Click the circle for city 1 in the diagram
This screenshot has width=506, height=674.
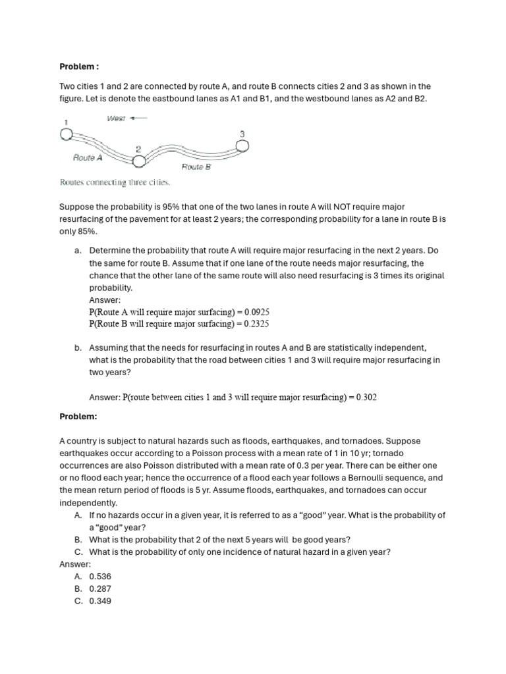tap(66, 135)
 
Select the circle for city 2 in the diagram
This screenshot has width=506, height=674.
tap(139, 159)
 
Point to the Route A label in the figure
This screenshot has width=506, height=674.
tap(87, 158)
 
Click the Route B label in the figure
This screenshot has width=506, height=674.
tap(196, 167)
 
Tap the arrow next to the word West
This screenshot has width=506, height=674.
tap(139, 118)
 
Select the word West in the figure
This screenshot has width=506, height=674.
tap(116, 118)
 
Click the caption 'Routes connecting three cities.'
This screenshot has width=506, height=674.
tap(115, 182)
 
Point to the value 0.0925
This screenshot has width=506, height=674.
tap(256, 311)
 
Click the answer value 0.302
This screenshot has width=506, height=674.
tap(366, 398)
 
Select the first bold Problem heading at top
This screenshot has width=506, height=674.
tap(79, 66)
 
